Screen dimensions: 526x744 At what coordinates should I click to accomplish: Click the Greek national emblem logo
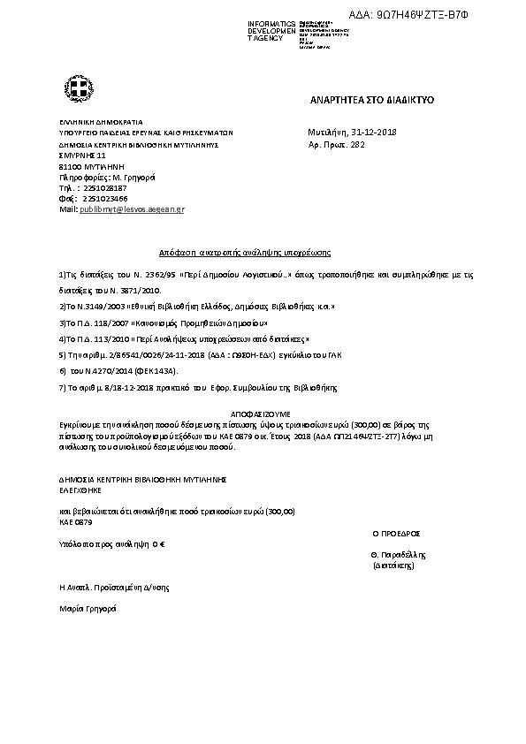pyautogui.click(x=74, y=88)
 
